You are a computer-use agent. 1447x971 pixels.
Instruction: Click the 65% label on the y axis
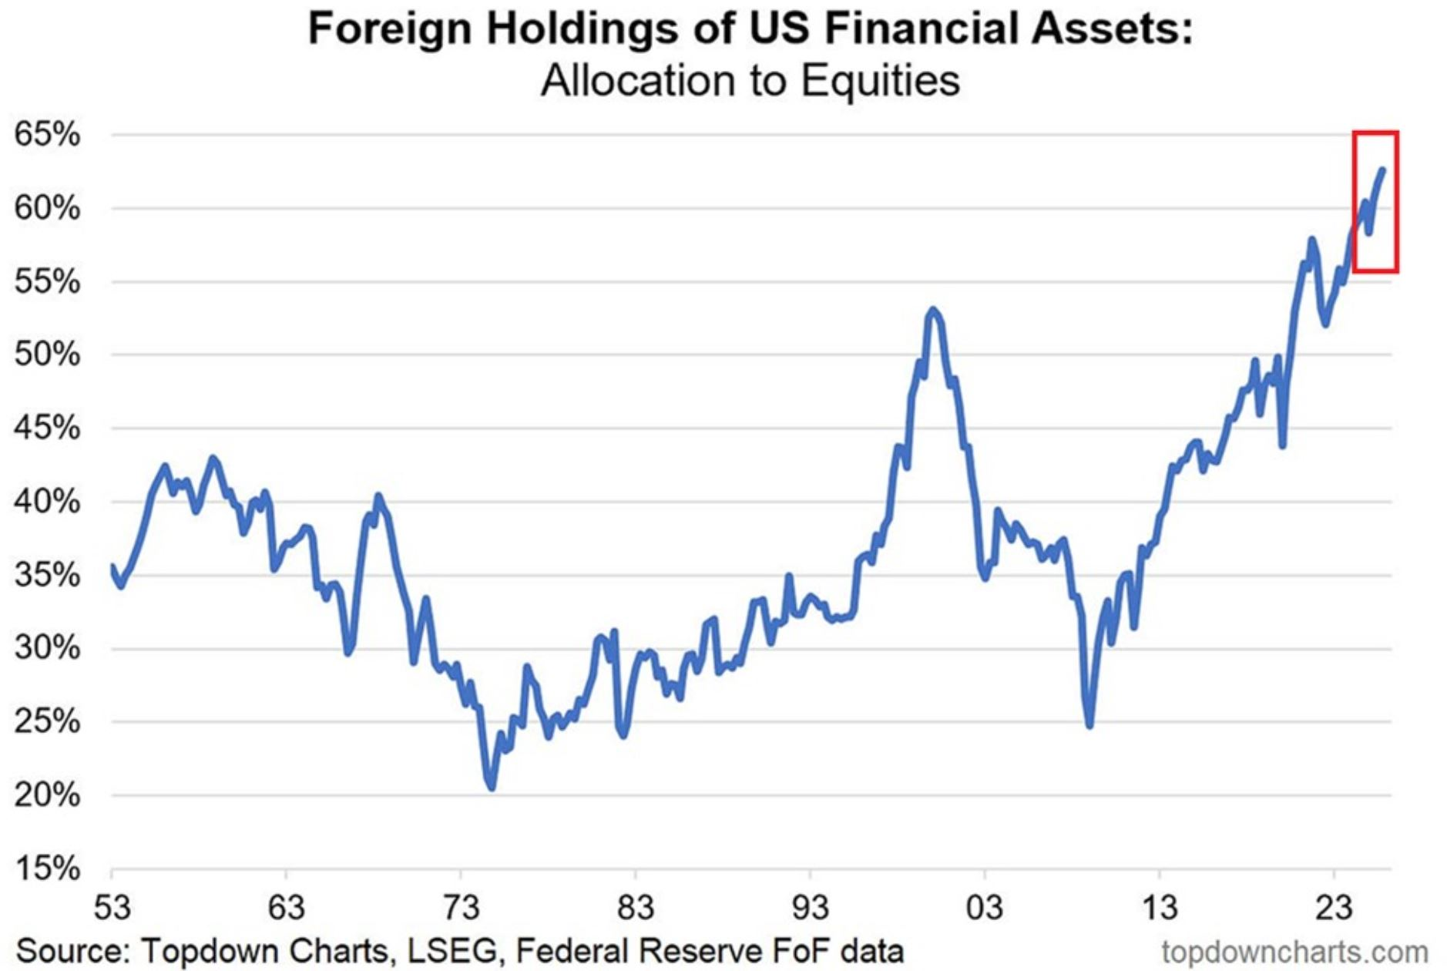tap(47, 135)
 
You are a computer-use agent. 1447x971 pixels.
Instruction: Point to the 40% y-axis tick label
tap(47, 502)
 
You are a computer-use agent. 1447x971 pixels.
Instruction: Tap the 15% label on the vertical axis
tap(47, 869)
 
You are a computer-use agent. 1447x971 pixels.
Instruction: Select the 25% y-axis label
tap(47, 722)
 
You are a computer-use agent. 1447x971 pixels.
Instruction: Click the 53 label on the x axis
tap(112, 908)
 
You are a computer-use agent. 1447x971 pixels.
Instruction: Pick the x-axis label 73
tap(461, 908)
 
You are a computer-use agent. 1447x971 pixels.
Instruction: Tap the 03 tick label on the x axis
tap(985, 908)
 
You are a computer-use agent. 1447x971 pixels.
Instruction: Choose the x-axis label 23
tap(1334, 908)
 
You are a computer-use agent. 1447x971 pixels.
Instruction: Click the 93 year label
tap(811, 908)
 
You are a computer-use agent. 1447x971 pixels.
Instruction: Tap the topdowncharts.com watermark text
tap(1294, 952)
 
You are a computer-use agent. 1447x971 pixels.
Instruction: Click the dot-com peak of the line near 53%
tap(933, 310)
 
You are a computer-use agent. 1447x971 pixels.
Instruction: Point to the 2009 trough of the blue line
tap(1089, 725)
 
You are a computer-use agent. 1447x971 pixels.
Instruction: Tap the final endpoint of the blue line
tap(1382, 170)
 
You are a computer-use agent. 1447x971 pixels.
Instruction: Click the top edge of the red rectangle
tap(1375, 133)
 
